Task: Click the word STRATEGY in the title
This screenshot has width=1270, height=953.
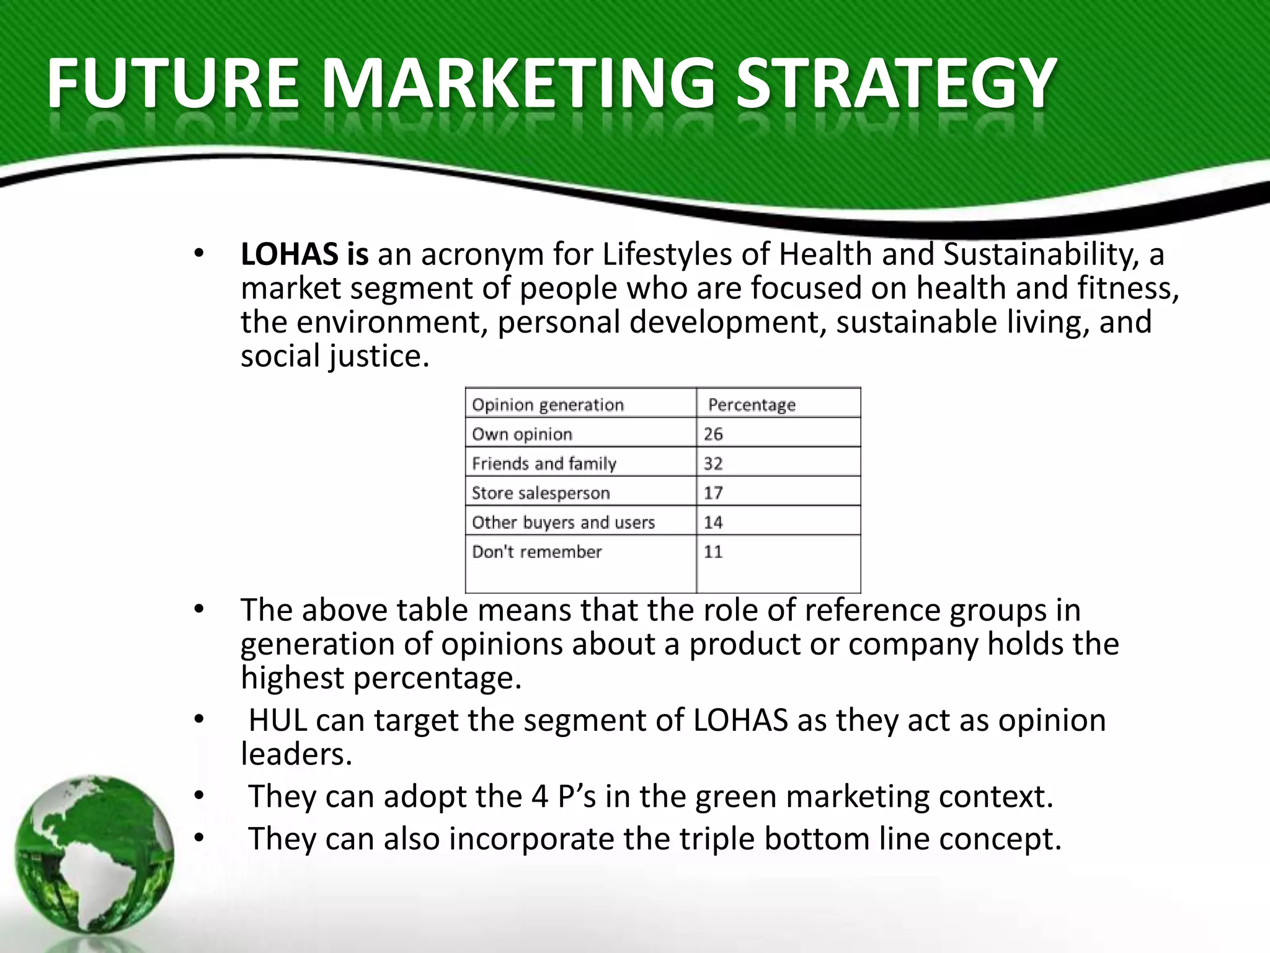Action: [x=895, y=83]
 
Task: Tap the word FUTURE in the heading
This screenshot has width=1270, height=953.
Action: [x=172, y=83]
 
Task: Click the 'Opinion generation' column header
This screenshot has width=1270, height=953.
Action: [x=548, y=405]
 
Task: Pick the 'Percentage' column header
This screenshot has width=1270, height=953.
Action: [x=752, y=405]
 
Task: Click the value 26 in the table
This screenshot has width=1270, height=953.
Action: [x=713, y=434]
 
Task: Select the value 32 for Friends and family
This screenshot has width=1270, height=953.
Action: [x=713, y=463]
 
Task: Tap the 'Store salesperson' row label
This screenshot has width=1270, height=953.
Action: [x=541, y=493]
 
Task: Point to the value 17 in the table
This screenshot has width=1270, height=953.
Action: [x=713, y=493]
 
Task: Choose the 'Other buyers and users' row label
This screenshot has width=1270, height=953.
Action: [x=563, y=522]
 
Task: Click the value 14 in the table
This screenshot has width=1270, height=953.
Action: [x=713, y=522]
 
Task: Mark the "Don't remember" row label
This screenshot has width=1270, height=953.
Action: [x=536, y=552]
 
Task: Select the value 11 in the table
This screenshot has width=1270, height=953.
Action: [x=713, y=552]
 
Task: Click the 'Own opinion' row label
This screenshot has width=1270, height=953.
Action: [x=522, y=434]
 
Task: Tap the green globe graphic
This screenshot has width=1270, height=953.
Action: [x=94, y=854]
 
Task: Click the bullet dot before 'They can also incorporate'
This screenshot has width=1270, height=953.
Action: [x=198, y=839]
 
